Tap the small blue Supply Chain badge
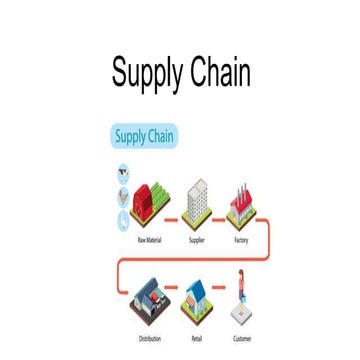(144, 135)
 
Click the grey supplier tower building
(198, 201)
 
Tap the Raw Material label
(150, 240)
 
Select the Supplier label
(197, 240)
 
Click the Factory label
(241, 240)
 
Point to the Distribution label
(150, 339)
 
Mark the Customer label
(242, 339)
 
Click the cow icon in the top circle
(123, 171)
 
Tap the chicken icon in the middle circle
(123, 195)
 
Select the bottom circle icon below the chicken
(123, 218)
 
